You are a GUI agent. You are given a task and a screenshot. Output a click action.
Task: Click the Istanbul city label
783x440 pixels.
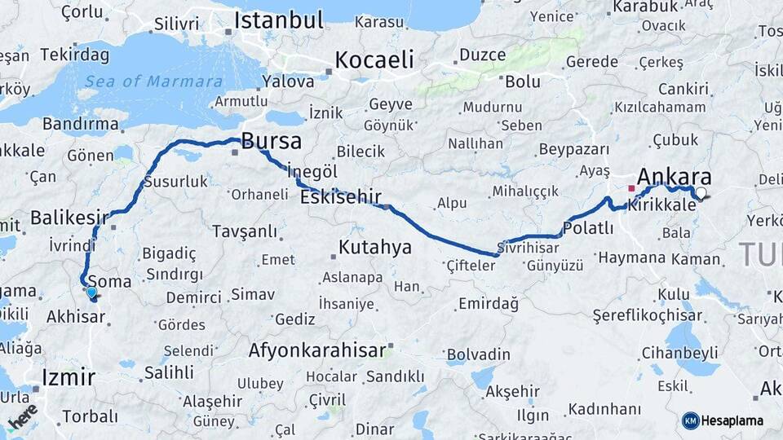point(279,20)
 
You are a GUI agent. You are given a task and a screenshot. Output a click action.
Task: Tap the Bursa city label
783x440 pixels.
point(272,141)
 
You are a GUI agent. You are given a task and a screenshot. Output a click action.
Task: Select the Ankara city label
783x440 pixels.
point(674,178)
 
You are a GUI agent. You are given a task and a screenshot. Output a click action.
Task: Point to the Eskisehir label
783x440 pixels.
point(341,196)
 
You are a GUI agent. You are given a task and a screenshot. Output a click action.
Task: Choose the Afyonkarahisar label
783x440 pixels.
point(316,351)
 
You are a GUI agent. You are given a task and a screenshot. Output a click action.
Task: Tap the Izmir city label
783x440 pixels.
point(69,377)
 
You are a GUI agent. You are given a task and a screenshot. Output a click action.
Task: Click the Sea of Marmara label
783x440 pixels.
point(153,81)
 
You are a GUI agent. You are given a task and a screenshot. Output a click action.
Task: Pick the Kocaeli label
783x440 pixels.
point(374,59)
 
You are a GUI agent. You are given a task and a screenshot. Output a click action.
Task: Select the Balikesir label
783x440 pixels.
point(69,218)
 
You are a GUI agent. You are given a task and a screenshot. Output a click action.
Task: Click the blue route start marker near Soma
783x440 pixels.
point(91,293)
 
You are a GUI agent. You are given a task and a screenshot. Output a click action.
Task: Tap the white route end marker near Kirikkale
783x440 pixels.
point(701,193)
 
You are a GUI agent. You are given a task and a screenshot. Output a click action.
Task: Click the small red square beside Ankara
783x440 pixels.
point(630,188)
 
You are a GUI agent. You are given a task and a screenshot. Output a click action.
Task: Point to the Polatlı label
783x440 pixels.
point(588,228)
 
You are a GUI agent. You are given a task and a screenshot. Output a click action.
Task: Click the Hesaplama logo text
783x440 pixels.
point(732,420)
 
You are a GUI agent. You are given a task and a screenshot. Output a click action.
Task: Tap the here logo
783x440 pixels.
point(23,416)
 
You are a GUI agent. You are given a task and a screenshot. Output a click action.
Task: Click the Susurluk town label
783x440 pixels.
point(175,182)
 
